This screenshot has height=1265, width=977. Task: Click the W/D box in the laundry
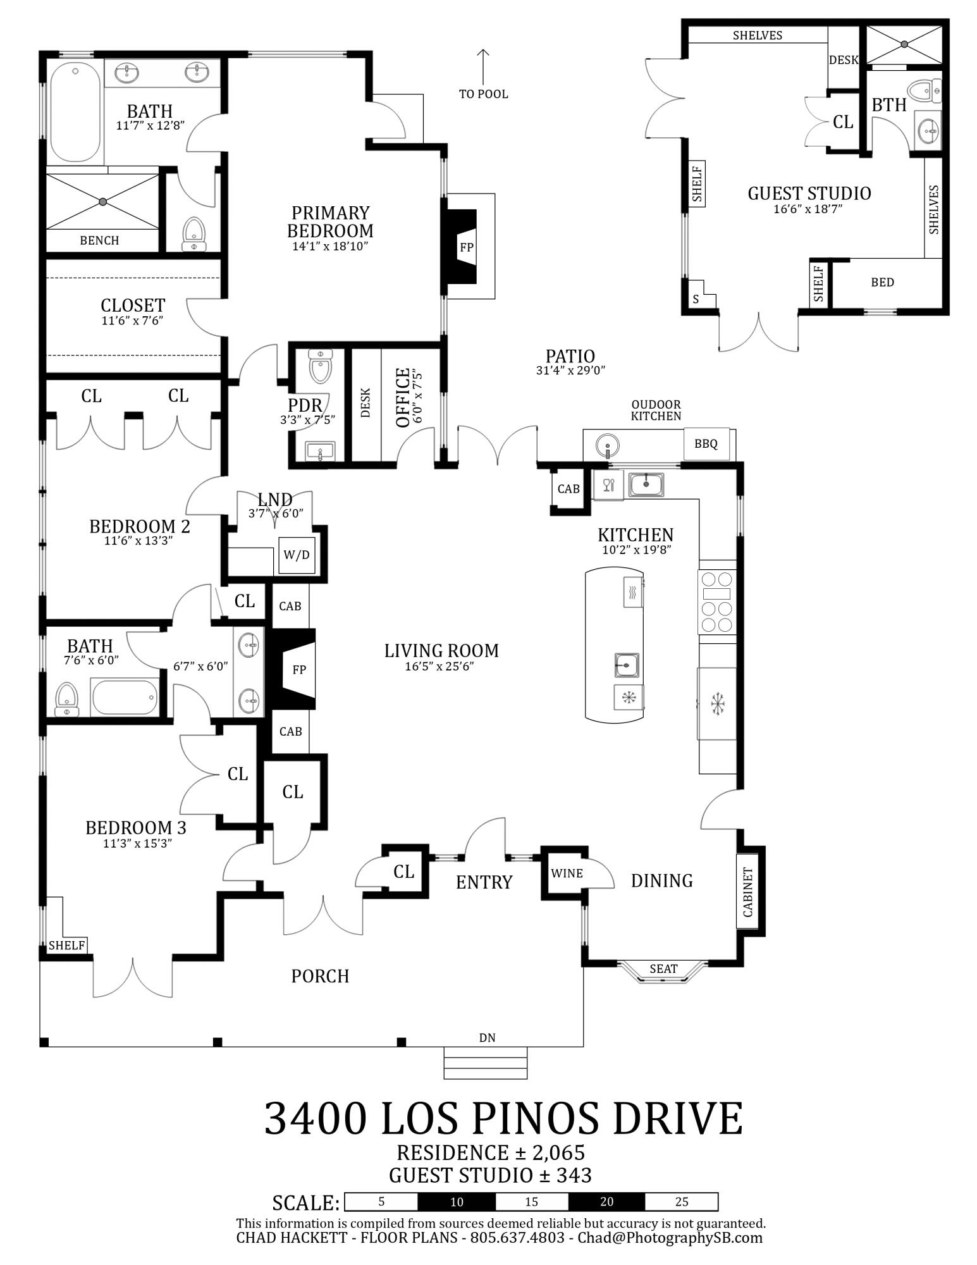(297, 555)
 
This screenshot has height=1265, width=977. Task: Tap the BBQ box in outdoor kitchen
(706, 444)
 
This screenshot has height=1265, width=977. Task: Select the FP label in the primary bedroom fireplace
(466, 247)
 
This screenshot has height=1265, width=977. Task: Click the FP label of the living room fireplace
(299, 669)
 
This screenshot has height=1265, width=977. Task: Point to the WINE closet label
(567, 873)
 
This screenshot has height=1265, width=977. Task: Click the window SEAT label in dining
(663, 969)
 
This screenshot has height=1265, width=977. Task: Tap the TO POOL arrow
(483, 67)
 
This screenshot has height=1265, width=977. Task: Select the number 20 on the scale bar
(607, 1202)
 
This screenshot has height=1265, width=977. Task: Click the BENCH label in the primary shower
(99, 240)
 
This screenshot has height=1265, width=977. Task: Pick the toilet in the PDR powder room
(320, 366)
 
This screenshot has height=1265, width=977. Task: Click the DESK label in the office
(366, 402)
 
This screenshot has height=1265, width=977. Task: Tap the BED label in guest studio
(882, 282)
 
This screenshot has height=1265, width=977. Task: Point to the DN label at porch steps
(487, 1038)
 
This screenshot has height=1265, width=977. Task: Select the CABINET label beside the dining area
(747, 892)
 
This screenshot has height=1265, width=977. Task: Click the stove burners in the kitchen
(717, 602)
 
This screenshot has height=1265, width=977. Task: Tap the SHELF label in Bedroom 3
(66, 946)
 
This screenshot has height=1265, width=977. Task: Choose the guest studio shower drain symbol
(904, 44)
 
